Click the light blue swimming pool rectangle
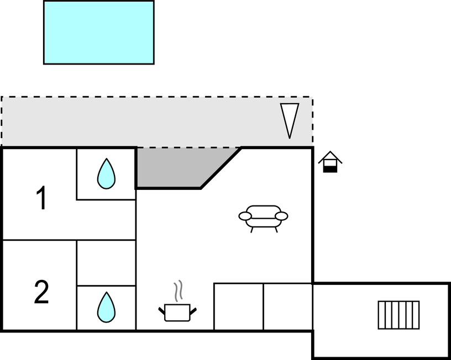click(x=98, y=32)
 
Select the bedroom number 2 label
click(x=41, y=292)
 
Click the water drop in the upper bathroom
click(x=106, y=173)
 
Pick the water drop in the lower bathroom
click(x=106, y=307)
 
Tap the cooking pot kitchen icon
click(x=177, y=313)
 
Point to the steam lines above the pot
click(x=178, y=291)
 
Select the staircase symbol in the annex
click(x=398, y=315)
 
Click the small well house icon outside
click(x=330, y=162)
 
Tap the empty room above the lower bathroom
click(x=106, y=263)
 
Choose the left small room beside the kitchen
click(x=238, y=306)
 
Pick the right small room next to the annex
click(x=288, y=306)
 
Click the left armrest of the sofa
click(x=245, y=216)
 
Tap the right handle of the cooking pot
click(x=193, y=311)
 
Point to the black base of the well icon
click(x=330, y=170)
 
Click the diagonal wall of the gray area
click(x=221, y=168)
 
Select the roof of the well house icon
click(x=330, y=157)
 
